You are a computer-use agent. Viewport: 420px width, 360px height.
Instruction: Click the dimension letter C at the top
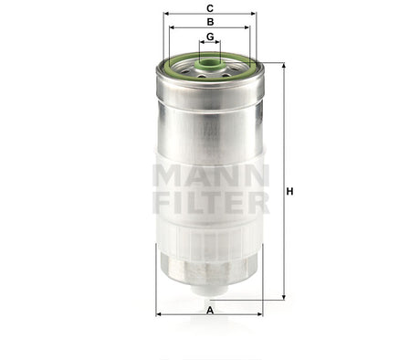210,7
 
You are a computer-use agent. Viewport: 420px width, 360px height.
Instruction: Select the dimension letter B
210,21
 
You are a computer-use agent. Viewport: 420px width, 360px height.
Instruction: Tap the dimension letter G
210,37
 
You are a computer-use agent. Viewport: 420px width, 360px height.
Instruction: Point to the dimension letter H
290,191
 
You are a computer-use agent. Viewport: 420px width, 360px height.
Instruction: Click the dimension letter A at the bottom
210,311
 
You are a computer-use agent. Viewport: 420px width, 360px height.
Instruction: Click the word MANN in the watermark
210,174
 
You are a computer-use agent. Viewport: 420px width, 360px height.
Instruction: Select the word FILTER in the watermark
210,201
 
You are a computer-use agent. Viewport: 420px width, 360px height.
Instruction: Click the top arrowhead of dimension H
283,66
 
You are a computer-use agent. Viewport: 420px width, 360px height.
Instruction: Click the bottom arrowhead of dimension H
283,297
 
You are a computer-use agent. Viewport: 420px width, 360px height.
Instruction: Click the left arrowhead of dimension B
171,27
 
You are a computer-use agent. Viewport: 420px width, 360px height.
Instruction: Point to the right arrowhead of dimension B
248,27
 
